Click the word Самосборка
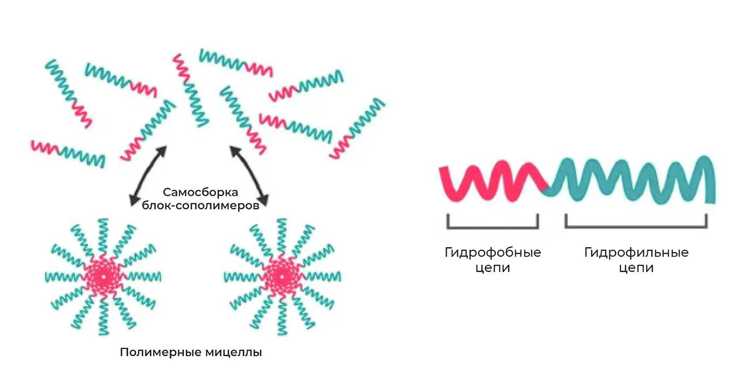pyautogui.click(x=200, y=192)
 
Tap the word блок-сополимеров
pyautogui.click(x=200, y=205)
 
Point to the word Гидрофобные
pyautogui.click(x=492, y=252)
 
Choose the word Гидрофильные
pyautogui.click(x=636, y=252)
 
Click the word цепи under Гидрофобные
pyautogui.click(x=492, y=267)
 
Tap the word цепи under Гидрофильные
pyautogui.click(x=636, y=267)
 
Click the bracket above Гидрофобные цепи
pyautogui.click(x=492, y=227)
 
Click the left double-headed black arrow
pyautogui.click(x=148, y=176)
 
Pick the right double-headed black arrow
pyautogui.click(x=249, y=176)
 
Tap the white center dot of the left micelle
pyautogui.click(x=103, y=277)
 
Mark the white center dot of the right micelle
pyautogui.click(x=282, y=277)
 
